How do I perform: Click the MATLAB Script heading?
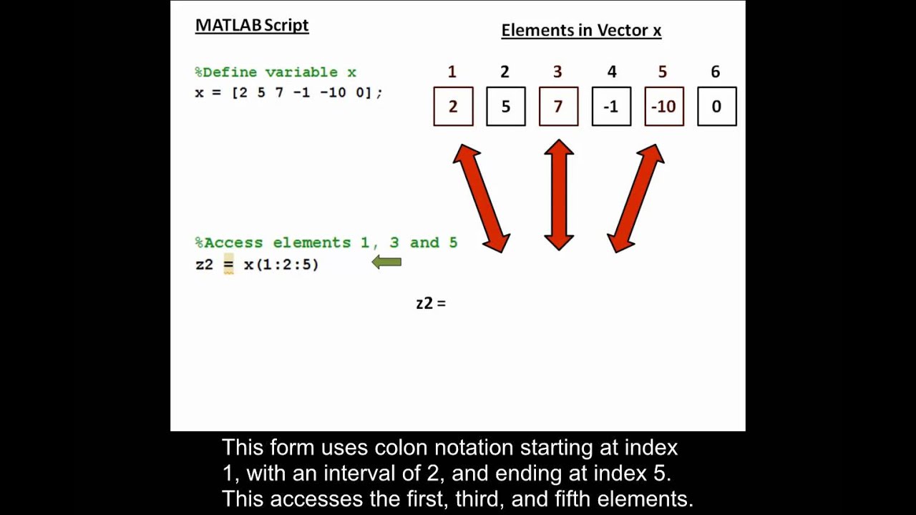[252, 25]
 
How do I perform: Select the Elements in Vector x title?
[581, 30]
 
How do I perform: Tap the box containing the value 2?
[453, 107]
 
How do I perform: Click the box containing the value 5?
[506, 107]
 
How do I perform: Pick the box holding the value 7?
[558, 107]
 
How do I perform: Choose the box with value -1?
[611, 107]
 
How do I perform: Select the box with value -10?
[664, 107]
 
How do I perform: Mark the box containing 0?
[716, 107]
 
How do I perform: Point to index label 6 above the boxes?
[715, 72]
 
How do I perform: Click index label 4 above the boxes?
[611, 72]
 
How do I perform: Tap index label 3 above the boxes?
[557, 72]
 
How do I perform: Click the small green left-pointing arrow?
[386, 263]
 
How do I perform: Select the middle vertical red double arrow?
[559, 195]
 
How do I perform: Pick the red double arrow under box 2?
[482, 198]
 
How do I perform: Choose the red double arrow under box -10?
[635, 198]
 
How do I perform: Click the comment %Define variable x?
[276, 72]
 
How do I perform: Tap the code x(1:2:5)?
[281, 265]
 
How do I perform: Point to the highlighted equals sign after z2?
[228, 265]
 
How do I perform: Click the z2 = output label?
[431, 303]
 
